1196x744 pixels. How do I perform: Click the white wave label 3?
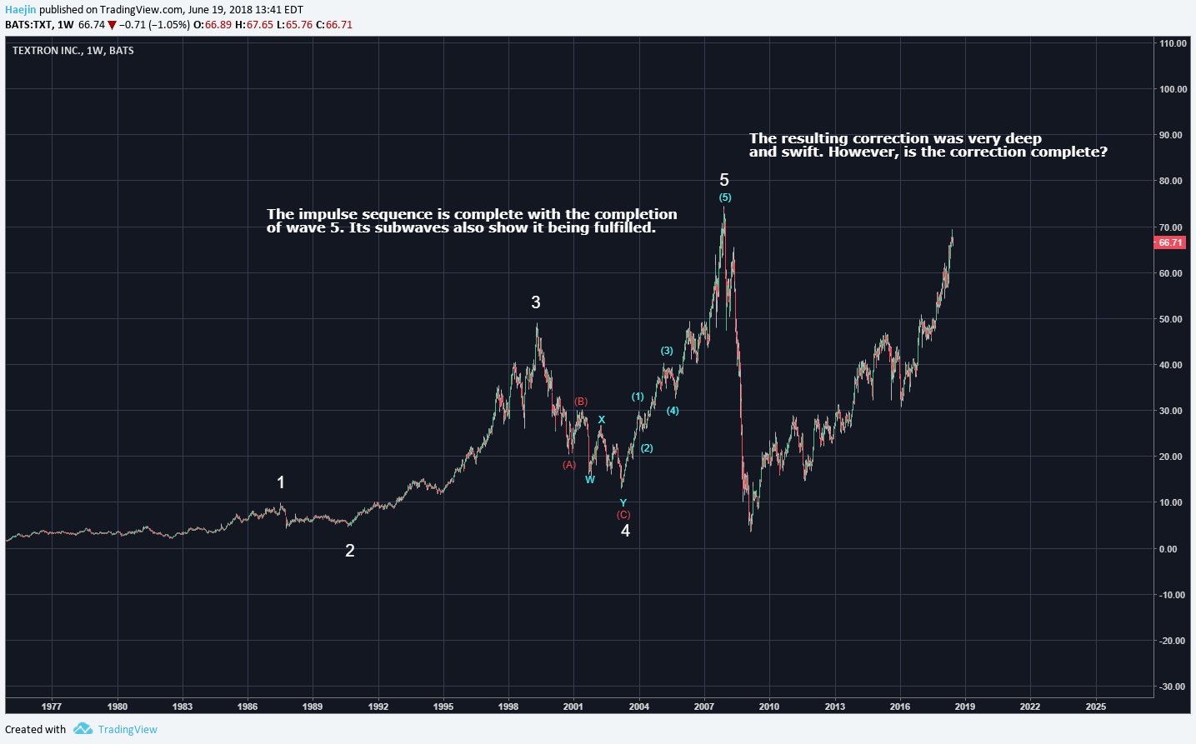(x=536, y=302)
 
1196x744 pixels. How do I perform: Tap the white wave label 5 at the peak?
(x=724, y=180)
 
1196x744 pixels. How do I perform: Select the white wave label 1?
(x=281, y=482)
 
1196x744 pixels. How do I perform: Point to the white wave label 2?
(x=350, y=551)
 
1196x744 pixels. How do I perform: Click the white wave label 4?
(x=625, y=531)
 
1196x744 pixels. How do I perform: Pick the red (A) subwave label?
(x=569, y=465)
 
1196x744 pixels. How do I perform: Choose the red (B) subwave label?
(x=581, y=402)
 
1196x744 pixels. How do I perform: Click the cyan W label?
(x=590, y=480)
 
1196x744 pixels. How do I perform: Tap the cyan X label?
(x=602, y=420)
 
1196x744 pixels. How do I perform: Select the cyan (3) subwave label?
(x=667, y=351)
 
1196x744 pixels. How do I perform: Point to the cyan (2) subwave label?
(x=647, y=448)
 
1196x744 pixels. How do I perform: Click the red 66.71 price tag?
(x=1170, y=242)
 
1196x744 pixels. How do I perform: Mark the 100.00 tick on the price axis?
(x=1173, y=89)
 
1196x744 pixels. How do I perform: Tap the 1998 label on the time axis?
(x=508, y=707)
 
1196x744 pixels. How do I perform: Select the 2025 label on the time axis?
(x=1096, y=707)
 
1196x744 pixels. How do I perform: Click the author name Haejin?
(x=21, y=10)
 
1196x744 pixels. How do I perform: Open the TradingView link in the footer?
(x=127, y=729)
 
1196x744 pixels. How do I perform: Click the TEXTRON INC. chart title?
(x=48, y=51)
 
